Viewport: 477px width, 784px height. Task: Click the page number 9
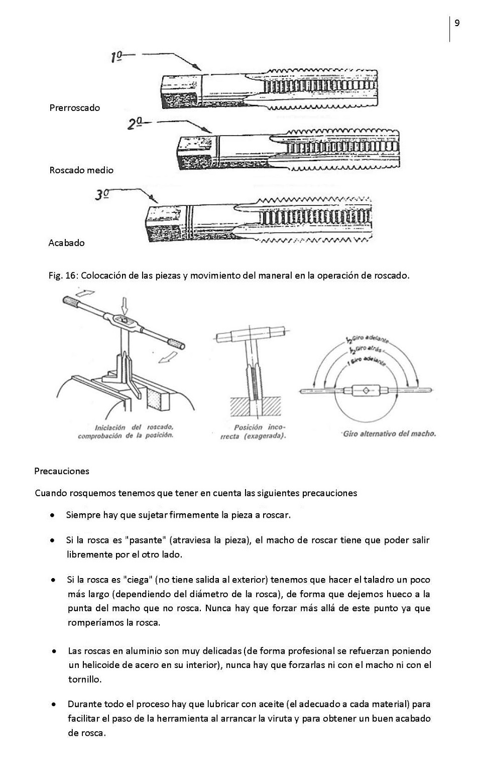point(457,23)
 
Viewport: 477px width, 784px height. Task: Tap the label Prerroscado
point(74,107)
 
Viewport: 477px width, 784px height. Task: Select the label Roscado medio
point(81,170)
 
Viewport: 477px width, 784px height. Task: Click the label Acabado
point(66,243)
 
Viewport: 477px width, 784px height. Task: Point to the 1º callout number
point(116,57)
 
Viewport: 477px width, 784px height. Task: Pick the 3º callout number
point(102,194)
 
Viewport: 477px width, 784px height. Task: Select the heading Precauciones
point(62,471)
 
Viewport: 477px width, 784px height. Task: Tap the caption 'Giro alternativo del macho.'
point(389,433)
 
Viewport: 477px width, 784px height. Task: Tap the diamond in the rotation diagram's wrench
point(365,390)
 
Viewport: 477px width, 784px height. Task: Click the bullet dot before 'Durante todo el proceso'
point(53,704)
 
